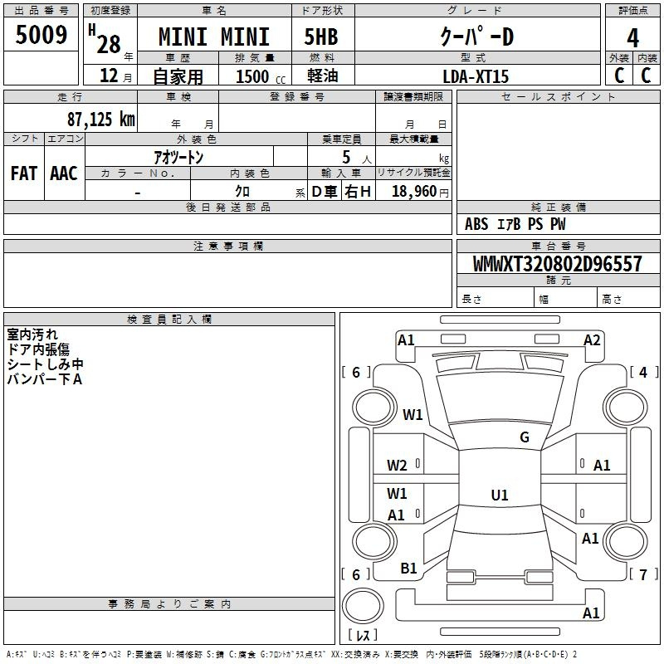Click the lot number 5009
pyautogui.click(x=41, y=35)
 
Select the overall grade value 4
pyautogui.click(x=632, y=38)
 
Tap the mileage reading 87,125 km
pyautogui.click(x=101, y=119)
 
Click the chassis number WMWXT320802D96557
pyautogui.click(x=557, y=264)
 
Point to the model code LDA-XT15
pyautogui.click(x=476, y=76)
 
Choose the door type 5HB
pyautogui.click(x=321, y=37)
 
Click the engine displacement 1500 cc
pyautogui.click(x=261, y=76)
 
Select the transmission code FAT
pyautogui.click(x=24, y=173)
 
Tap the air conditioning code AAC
pyautogui.click(x=64, y=173)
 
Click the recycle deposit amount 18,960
pyautogui.click(x=414, y=192)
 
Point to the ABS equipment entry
pyautogui.click(x=476, y=224)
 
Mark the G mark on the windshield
pyautogui.click(x=525, y=437)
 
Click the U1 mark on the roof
pyautogui.click(x=500, y=495)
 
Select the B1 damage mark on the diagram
pyautogui.click(x=408, y=569)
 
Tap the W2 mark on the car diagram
pyautogui.click(x=397, y=466)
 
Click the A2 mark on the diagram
pyautogui.click(x=592, y=340)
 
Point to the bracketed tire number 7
pyautogui.click(x=643, y=574)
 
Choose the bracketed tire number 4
pyautogui.click(x=643, y=372)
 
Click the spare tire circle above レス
pyautogui.click(x=363, y=606)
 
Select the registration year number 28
pyautogui.click(x=109, y=44)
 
